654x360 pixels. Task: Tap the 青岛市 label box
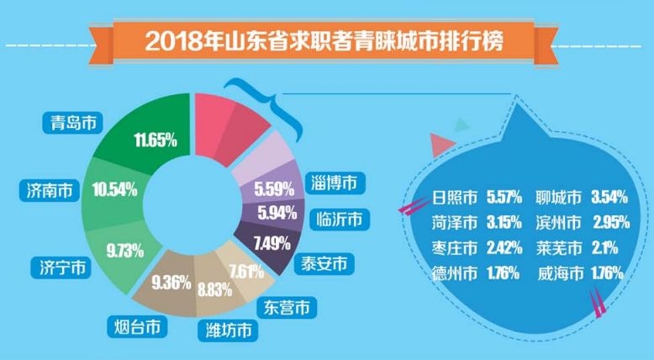69,124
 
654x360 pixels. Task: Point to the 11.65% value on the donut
156,139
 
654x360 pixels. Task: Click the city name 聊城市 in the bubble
558,199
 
